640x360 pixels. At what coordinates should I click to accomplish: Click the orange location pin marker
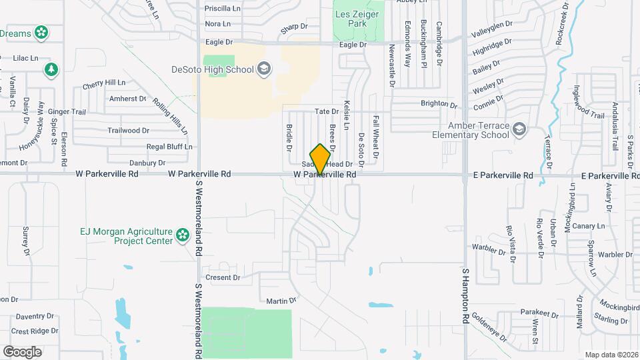point(320,158)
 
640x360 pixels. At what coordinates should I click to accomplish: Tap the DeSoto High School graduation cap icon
point(264,69)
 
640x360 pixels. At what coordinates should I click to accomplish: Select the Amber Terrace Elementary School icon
point(519,129)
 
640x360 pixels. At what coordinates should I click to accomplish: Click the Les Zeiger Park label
point(358,19)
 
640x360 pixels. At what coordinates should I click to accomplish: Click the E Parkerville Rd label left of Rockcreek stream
point(503,175)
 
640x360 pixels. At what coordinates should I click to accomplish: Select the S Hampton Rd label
point(465,296)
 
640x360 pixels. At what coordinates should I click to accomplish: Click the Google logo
point(23,351)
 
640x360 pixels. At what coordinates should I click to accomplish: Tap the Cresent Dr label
point(223,277)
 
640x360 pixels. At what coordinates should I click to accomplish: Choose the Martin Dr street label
point(281,301)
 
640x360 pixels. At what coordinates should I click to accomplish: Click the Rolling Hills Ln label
point(170,115)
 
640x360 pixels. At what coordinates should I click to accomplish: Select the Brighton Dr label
point(439,105)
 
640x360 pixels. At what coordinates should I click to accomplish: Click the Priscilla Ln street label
point(223,9)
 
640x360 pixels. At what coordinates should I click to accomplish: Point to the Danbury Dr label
point(147,163)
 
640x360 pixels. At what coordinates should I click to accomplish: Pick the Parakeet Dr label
point(539,313)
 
